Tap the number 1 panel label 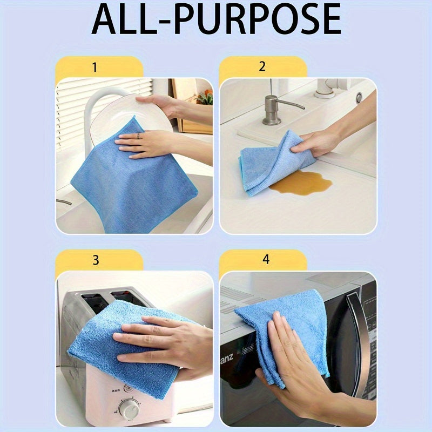94,67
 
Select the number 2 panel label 262,67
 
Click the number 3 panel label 96,260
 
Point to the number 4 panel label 266,260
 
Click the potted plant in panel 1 205,97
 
